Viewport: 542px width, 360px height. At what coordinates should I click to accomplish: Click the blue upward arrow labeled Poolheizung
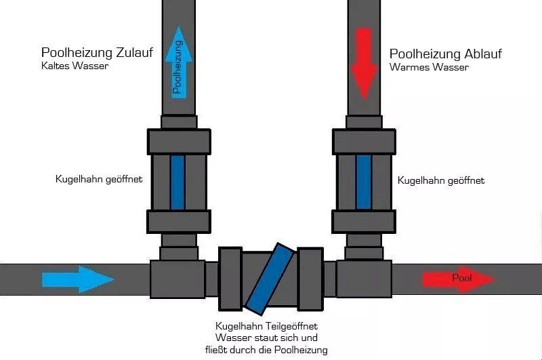(179, 62)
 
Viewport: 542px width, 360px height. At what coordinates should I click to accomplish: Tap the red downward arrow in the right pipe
(364, 64)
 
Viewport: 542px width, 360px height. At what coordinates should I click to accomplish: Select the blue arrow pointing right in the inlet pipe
(78, 279)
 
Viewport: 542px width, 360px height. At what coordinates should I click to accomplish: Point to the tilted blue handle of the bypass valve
(270, 279)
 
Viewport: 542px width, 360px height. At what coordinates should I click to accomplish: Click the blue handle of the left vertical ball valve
(178, 182)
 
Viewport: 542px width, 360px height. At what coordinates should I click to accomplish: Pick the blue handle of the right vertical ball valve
(364, 182)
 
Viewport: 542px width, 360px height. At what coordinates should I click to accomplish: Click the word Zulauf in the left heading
(134, 53)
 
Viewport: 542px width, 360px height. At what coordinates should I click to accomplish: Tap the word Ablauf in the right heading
(483, 54)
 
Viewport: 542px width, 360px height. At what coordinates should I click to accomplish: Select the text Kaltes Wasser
(75, 66)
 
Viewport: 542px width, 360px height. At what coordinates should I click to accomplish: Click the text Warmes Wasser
(429, 67)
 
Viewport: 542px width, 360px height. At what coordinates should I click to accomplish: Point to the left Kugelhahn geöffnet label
(99, 179)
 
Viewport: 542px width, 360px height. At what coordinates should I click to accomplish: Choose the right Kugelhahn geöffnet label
(441, 180)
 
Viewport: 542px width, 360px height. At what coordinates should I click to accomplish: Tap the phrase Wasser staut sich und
(266, 338)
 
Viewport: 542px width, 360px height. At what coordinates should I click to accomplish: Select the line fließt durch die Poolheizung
(266, 350)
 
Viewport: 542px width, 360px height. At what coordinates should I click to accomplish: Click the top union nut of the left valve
(179, 142)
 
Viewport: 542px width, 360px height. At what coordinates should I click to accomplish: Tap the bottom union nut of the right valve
(364, 221)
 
